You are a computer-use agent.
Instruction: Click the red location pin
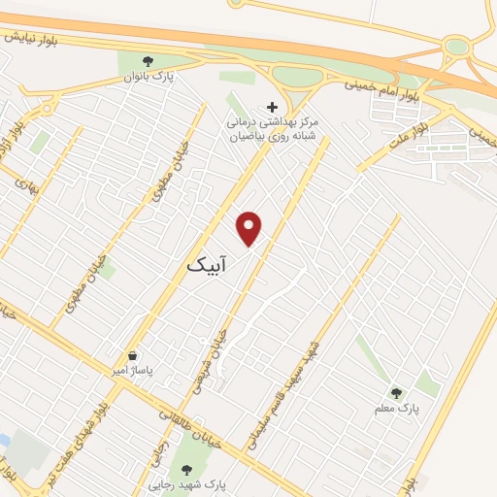click(x=250, y=227)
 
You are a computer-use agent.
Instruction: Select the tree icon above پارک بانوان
click(x=148, y=62)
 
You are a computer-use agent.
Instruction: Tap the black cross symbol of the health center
click(x=272, y=107)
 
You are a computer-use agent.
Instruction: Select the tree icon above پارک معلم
click(x=395, y=392)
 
